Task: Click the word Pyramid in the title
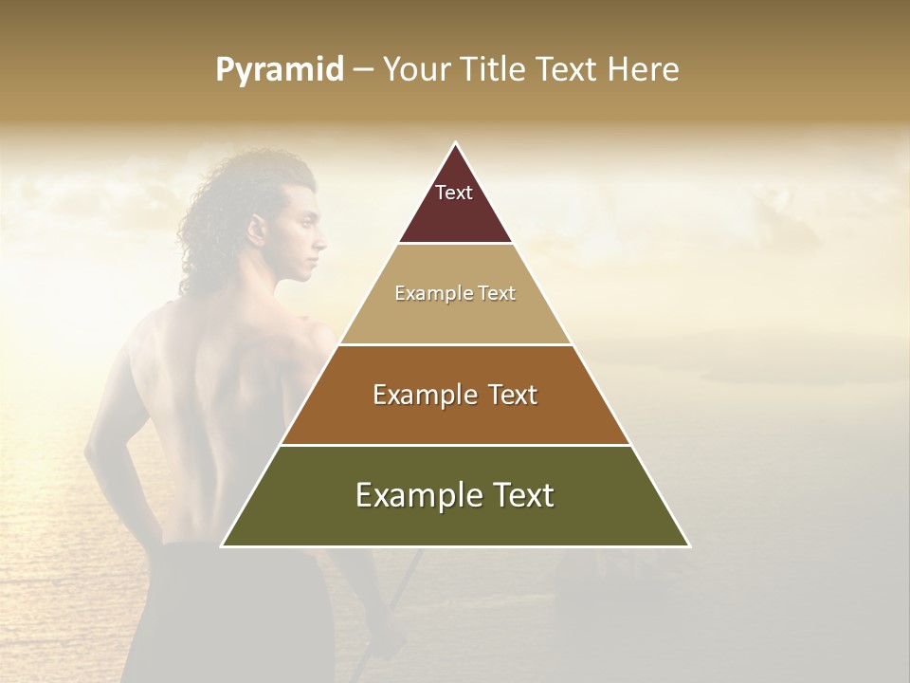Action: [x=280, y=70]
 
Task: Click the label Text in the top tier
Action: [x=454, y=193]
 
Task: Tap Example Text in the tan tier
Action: [x=455, y=293]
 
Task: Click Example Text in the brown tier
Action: [x=455, y=395]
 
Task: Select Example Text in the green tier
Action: [x=455, y=495]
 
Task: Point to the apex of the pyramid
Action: [x=455, y=144]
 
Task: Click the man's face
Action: [x=303, y=242]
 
